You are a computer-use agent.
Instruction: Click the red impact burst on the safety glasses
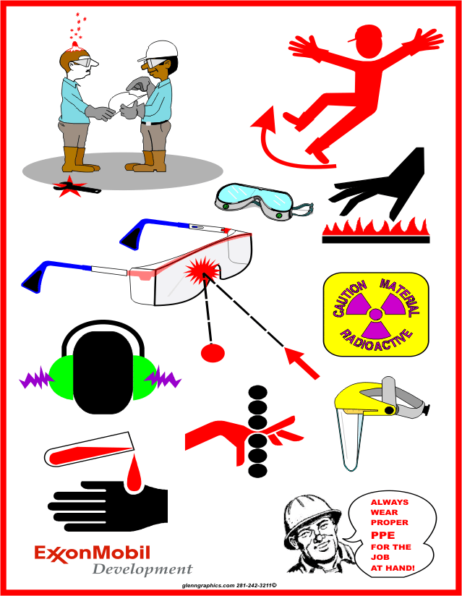pyautogui.click(x=202, y=270)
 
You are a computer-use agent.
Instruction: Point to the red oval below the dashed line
pyautogui.click(x=213, y=352)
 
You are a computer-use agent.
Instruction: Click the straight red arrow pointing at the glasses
pyautogui.click(x=302, y=363)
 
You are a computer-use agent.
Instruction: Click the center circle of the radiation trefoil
pyautogui.click(x=376, y=314)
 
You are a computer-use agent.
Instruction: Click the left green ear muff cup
pyautogui.click(x=61, y=378)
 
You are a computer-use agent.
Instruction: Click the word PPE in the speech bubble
pyautogui.click(x=382, y=535)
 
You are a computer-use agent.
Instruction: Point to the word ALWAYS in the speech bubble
pyautogui.click(x=390, y=502)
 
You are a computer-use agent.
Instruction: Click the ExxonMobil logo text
pyautogui.click(x=93, y=553)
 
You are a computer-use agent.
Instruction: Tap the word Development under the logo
pyautogui.click(x=142, y=569)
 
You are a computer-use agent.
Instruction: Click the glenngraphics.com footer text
pyautogui.click(x=208, y=586)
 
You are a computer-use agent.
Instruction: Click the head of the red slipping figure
pyautogui.click(x=369, y=42)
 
